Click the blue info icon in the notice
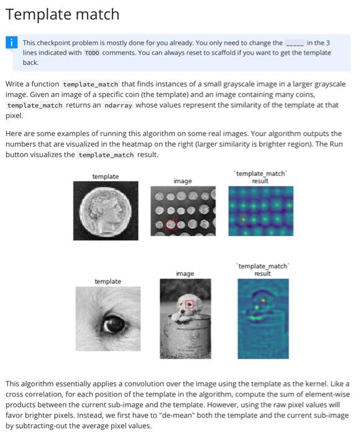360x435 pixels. pyautogui.click(x=12, y=43)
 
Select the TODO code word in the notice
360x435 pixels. pyautogui.click(x=91, y=53)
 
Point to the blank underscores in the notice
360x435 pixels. pyautogui.click(x=294, y=43)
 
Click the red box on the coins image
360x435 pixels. pyautogui.click(x=170, y=225)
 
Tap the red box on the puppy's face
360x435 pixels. pyautogui.click(x=190, y=304)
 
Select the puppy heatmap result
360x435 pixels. pyautogui.click(x=264, y=318)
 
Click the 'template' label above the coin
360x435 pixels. pyautogui.click(x=105, y=177)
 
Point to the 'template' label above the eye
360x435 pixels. pyautogui.click(x=108, y=282)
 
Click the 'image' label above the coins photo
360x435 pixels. pyautogui.click(x=183, y=181)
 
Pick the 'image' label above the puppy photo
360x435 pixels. pyautogui.click(x=185, y=273)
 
